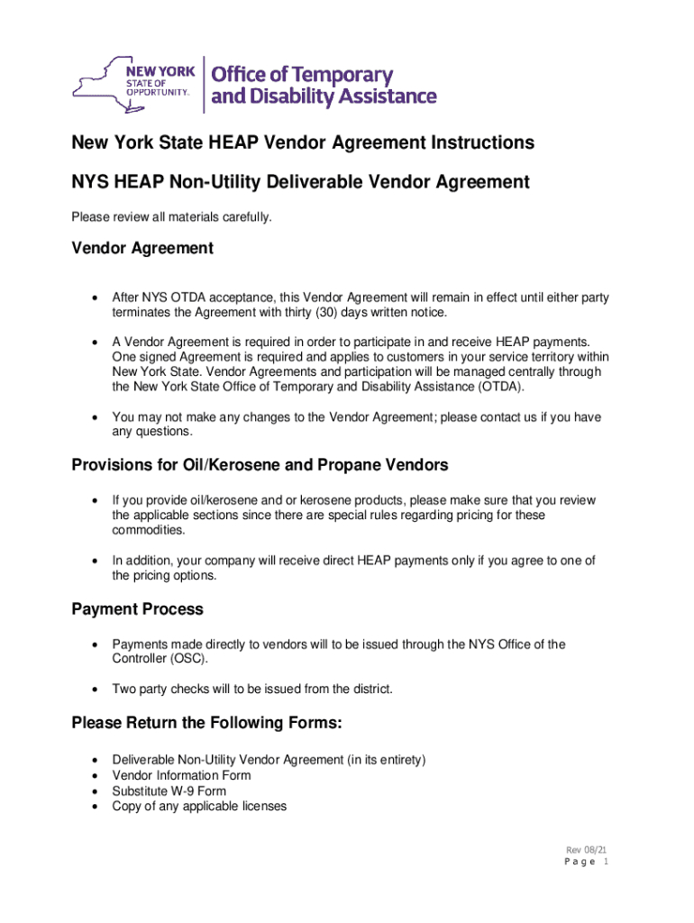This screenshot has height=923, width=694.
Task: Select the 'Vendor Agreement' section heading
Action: [142, 248]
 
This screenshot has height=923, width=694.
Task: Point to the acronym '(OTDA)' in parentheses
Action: [496, 387]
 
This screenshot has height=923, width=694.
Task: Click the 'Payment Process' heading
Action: [137, 609]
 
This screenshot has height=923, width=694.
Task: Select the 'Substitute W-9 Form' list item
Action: [169, 790]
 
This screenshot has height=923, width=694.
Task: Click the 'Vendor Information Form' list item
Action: [181, 775]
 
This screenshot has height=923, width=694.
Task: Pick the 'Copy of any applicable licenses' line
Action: [199, 806]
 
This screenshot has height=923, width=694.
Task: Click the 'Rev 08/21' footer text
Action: [584, 851]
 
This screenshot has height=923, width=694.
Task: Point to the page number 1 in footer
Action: [607, 863]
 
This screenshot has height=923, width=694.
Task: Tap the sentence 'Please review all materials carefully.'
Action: [171, 216]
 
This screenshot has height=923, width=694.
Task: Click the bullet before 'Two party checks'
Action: [95, 690]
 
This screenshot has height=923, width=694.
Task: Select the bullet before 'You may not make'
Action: [95, 417]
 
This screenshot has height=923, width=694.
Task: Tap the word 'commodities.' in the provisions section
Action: [147, 530]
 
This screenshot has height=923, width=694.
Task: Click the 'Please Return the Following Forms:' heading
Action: [206, 723]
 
